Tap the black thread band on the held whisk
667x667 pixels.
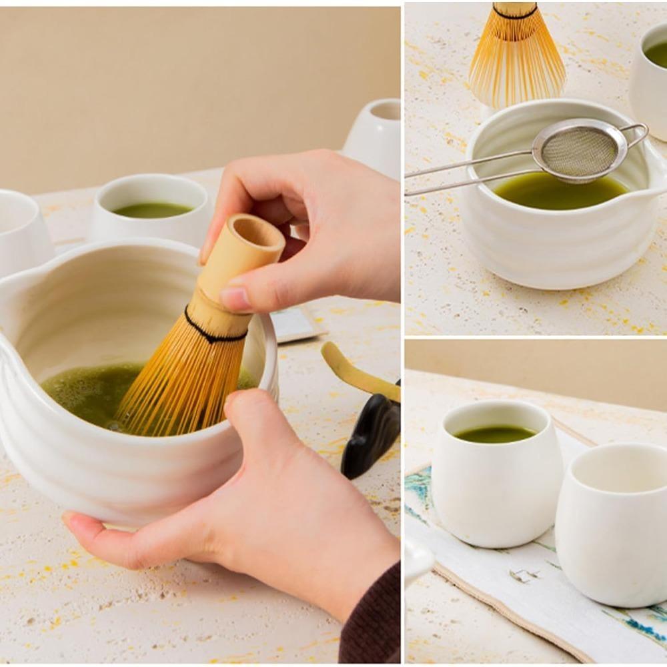pyautogui.click(x=215, y=330)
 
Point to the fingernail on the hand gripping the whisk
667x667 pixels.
pyautogui.click(x=234, y=297)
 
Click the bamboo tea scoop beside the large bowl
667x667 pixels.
pyautogui.click(x=357, y=374)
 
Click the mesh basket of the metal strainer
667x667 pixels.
pyautogui.click(x=578, y=151)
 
